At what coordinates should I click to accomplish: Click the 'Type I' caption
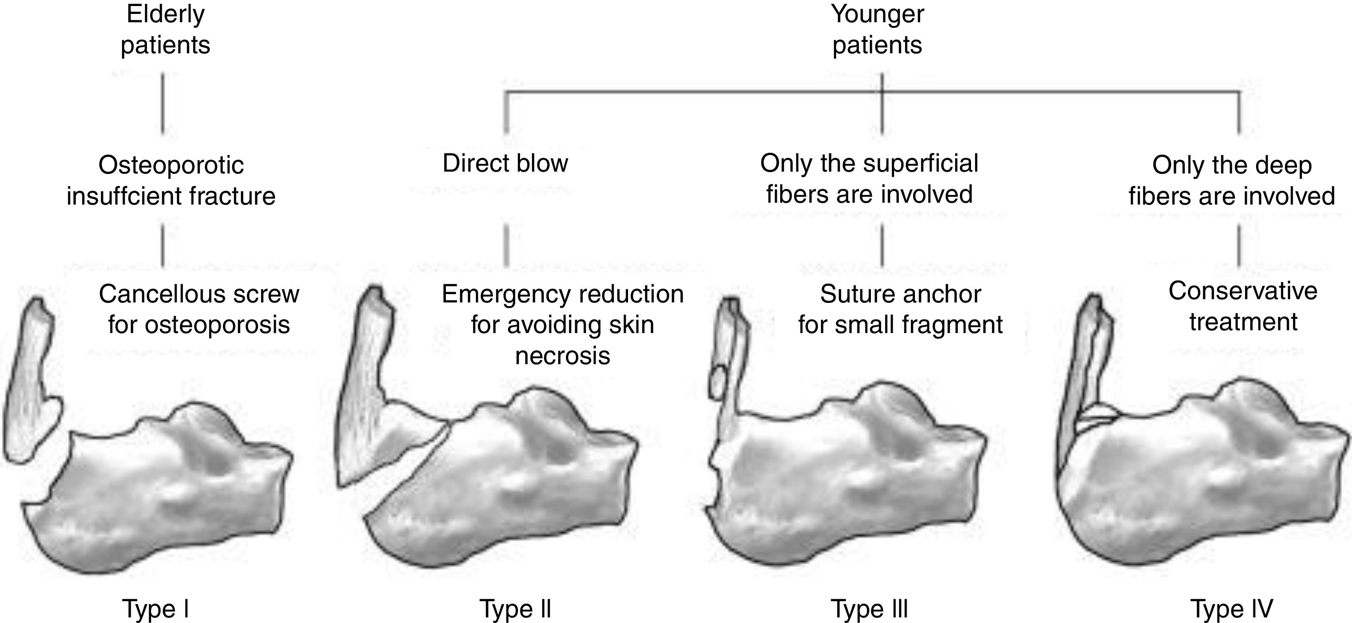tap(155, 609)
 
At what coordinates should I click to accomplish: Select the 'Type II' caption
tap(515, 609)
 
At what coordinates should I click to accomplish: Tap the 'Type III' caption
tap(869, 609)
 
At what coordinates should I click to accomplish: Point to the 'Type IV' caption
tap(1231, 609)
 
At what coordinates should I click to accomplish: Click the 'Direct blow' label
tap(505, 163)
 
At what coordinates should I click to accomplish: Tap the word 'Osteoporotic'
tap(171, 166)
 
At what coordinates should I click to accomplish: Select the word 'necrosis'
tap(563, 356)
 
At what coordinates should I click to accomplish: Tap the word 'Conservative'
tap(1243, 290)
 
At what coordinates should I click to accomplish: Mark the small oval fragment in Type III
tap(717, 381)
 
